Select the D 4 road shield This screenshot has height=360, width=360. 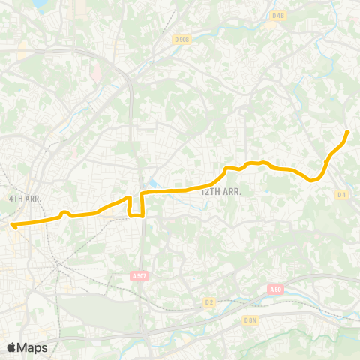(x=342, y=195)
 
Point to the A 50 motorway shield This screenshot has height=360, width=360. (x=275, y=289)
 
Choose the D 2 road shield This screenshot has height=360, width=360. (x=209, y=302)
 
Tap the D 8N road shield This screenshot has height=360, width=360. (x=250, y=319)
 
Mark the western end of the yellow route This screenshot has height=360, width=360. (x=13, y=223)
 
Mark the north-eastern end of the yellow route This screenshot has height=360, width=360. (x=347, y=132)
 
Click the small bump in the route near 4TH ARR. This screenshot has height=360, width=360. (x=64, y=213)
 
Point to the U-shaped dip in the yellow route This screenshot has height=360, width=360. (x=136, y=214)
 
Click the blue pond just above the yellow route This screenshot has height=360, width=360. (x=154, y=183)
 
